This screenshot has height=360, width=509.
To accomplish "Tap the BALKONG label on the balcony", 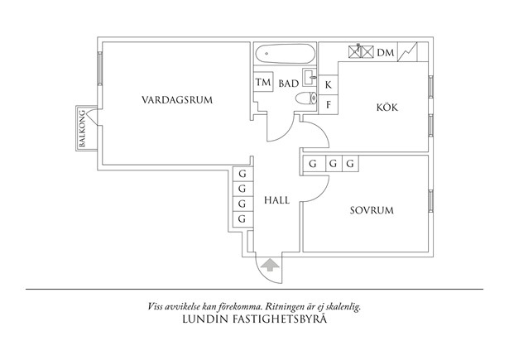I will [x=83, y=129].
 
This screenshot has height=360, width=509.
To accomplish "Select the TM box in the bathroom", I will [x=263, y=83].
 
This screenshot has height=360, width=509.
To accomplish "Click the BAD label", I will [x=288, y=84].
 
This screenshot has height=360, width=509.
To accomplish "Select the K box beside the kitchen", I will [x=329, y=84].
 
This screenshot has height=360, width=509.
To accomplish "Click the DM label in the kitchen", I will [x=385, y=53].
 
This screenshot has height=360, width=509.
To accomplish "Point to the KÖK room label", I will [x=387, y=107].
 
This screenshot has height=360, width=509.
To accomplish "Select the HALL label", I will [x=276, y=200].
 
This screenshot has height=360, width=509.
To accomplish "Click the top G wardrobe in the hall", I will [x=242, y=175].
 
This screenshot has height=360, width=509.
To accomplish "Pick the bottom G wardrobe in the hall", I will [x=242, y=219].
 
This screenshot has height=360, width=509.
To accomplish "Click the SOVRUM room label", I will [x=372, y=210].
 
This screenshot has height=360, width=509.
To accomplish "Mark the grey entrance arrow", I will [x=270, y=264].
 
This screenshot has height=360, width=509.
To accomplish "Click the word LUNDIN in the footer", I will [x=204, y=317].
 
